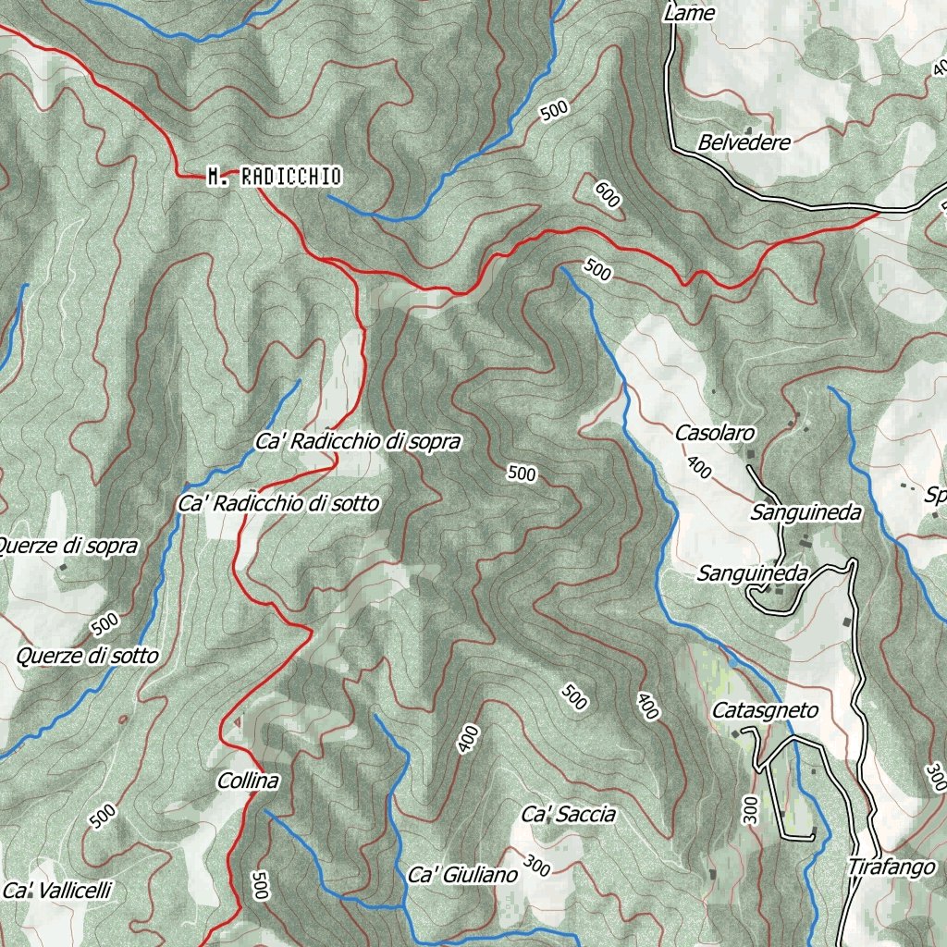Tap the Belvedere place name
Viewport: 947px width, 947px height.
click(x=744, y=143)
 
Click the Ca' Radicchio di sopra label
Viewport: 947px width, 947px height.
click(x=357, y=443)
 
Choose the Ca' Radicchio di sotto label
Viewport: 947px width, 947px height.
click(x=277, y=504)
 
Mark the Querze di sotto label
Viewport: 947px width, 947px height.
click(x=87, y=657)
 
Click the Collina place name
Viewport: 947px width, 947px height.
click(x=248, y=781)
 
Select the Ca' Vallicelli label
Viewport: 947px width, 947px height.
click(x=57, y=892)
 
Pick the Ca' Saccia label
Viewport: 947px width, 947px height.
click(x=568, y=815)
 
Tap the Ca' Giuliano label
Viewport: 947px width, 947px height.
click(x=462, y=875)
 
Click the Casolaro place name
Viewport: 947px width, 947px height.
click(x=715, y=433)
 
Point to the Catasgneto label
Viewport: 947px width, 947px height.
click(x=765, y=711)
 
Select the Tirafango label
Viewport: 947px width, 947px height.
click(x=892, y=867)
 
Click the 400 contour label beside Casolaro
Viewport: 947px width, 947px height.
click(x=699, y=467)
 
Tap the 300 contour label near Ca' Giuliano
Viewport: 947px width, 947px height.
click(x=536, y=867)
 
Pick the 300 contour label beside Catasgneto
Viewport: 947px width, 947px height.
click(x=749, y=809)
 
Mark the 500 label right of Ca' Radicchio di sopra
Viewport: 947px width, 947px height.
click(x=522, y=474)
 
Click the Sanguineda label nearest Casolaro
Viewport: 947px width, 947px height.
click(x=806, y=512)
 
